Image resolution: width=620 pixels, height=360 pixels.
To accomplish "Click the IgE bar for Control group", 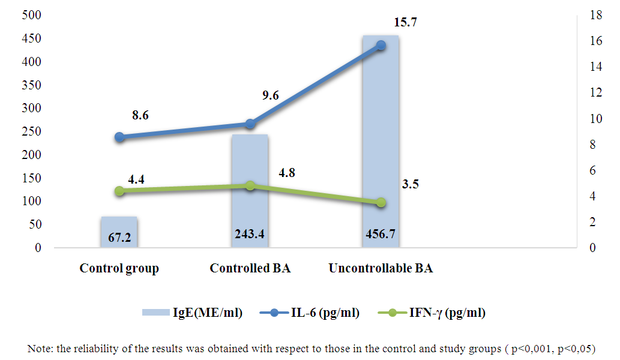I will (119, 232).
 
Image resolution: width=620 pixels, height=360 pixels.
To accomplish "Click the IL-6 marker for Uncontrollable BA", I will (381, 45).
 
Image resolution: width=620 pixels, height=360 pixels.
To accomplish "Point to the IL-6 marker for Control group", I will (119, 137).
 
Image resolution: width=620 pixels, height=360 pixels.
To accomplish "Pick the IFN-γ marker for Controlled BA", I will (250, 186).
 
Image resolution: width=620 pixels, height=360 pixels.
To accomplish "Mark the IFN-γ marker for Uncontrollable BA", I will (381, 203).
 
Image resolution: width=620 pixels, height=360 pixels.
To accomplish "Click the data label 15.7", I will (405, 23).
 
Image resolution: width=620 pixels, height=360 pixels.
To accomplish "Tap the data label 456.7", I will (381, 234).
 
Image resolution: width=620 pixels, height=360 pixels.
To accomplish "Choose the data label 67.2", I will (119, 238).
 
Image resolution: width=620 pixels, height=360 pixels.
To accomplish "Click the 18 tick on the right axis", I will (592, 16).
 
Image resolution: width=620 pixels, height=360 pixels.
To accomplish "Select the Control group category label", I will (119, 268).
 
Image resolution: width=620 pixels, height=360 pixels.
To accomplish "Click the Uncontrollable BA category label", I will (381, 268).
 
